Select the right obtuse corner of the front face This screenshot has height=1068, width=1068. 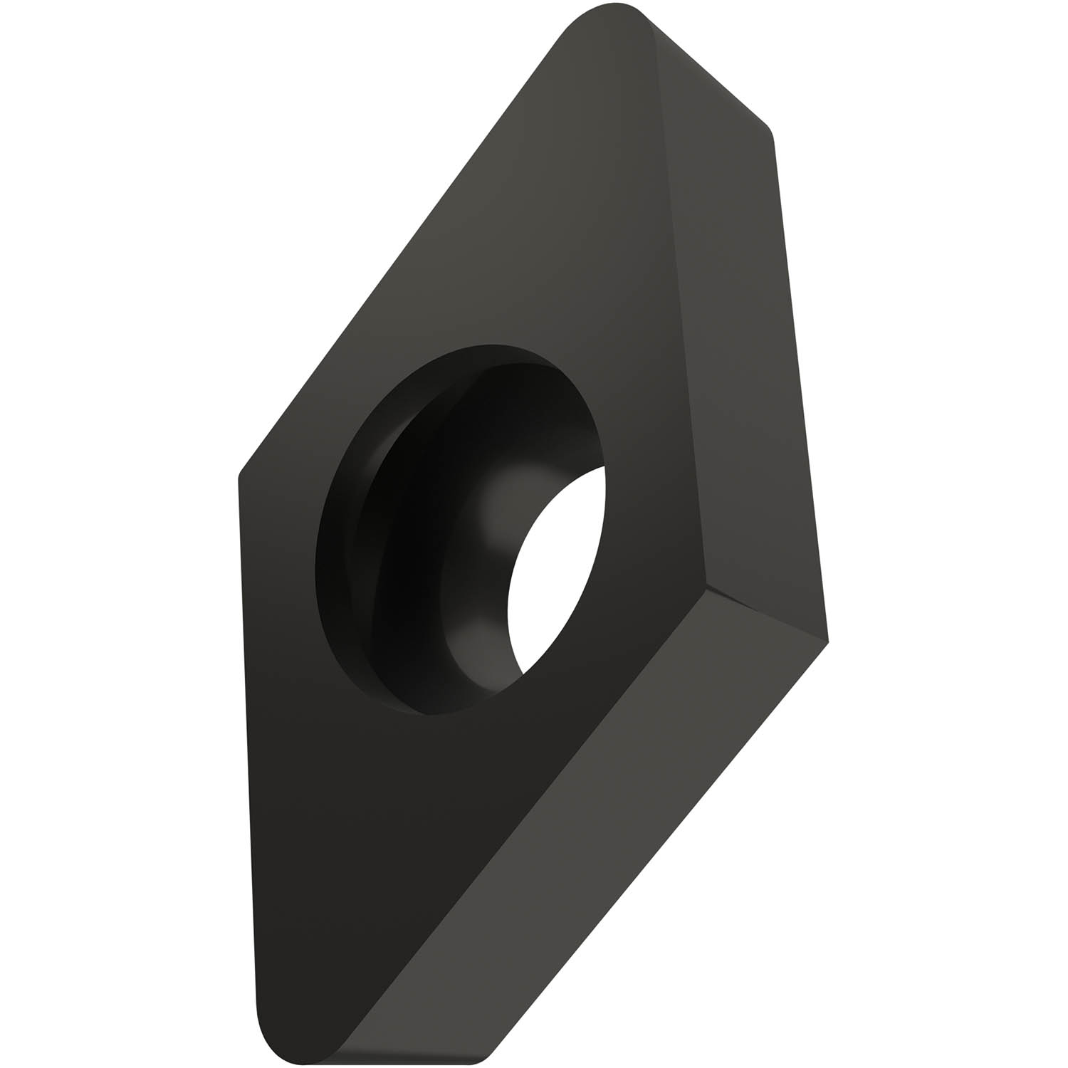point(703,587)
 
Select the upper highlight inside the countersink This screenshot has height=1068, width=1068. point(498,498)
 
